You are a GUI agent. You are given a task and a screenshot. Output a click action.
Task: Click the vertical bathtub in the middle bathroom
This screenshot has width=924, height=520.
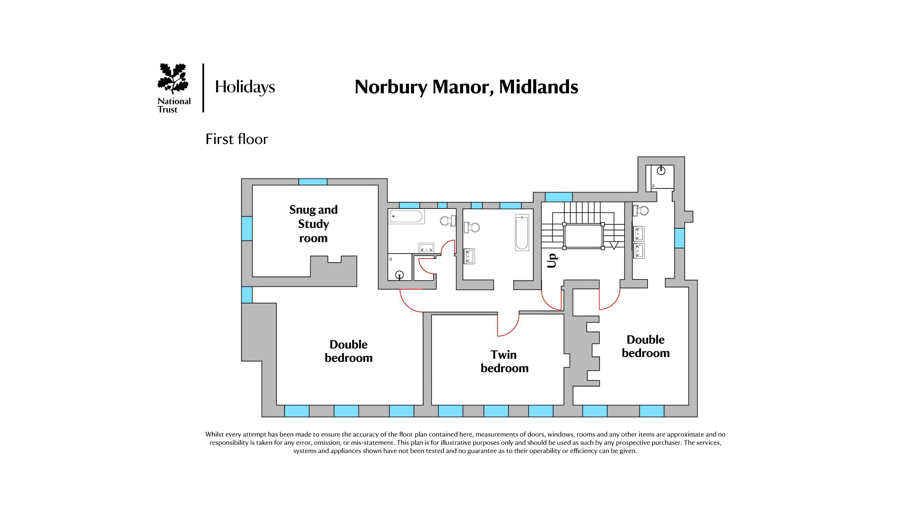click(522, 233)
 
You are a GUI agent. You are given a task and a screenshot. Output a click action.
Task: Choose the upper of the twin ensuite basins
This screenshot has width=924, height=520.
click(638, 234)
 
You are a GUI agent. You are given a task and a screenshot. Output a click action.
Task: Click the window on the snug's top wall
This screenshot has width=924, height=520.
click(313, 182)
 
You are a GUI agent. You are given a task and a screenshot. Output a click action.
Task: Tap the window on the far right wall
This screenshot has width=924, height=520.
click(679, 238)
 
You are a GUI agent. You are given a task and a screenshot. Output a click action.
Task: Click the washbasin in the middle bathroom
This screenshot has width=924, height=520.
click(469, 256)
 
